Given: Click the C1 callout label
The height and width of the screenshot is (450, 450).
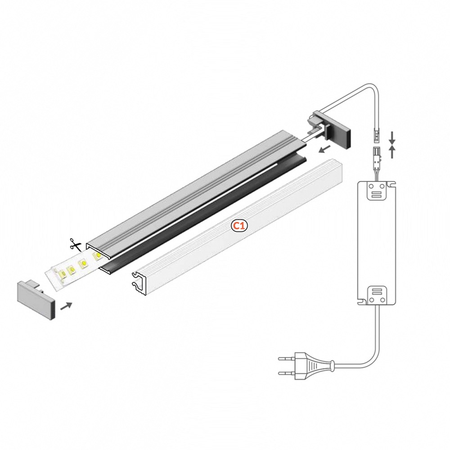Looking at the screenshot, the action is (x=239, y=226).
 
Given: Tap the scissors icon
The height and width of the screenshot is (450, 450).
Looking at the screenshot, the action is (x=75, y=244).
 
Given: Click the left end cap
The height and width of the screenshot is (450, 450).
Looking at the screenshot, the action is (x=36, y=300).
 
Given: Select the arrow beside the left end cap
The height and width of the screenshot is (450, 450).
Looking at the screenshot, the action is (x=66, y=306).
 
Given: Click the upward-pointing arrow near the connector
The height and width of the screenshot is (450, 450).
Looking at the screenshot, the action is (x=392, y=152).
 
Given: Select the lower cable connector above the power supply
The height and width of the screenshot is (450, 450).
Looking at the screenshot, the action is (x=377, y=154).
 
